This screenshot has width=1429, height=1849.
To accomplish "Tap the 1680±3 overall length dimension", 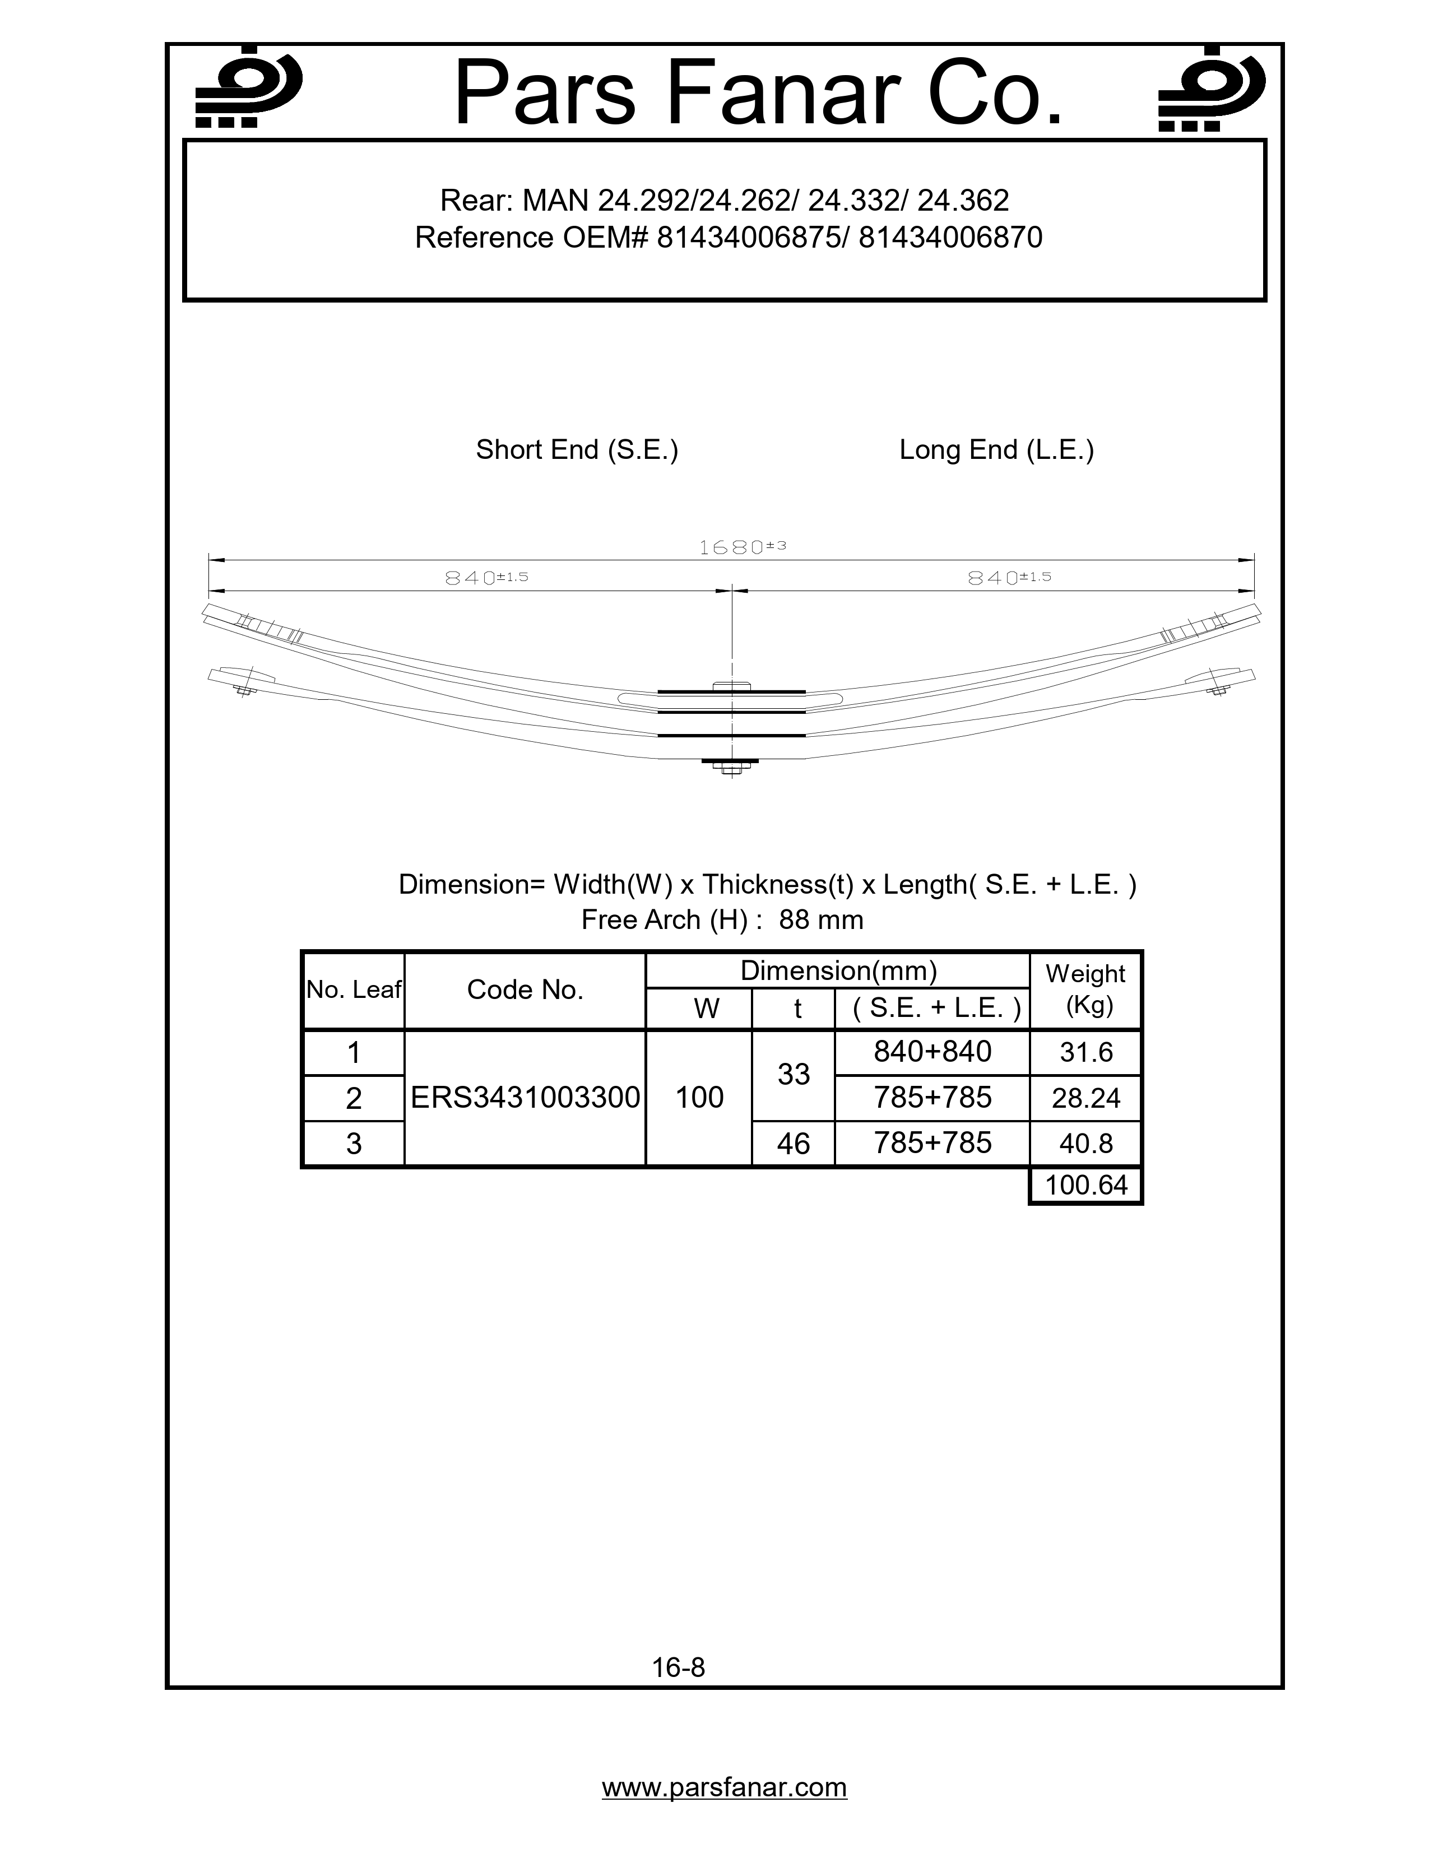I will click(741, 547).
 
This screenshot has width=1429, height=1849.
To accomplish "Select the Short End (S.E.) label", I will click(577, 449).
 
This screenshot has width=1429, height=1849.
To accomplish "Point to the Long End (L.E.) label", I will click(996, 449).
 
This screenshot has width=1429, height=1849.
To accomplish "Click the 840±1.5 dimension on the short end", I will click(486, 577).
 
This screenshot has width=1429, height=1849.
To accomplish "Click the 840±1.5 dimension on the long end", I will click(1008, 577).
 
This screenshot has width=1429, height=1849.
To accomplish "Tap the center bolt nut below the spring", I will click(731, 768).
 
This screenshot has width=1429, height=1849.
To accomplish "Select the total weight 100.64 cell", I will click(1085, 1185).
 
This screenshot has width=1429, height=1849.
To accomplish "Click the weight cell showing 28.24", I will click(1085, 1098).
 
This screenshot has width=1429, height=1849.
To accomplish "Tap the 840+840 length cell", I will click(932, 1052).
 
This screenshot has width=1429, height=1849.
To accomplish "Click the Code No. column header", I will click(525, 989).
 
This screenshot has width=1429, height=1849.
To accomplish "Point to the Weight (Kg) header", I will click(1085, 989).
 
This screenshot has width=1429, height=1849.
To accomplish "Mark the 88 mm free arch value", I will click(820, 919).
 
